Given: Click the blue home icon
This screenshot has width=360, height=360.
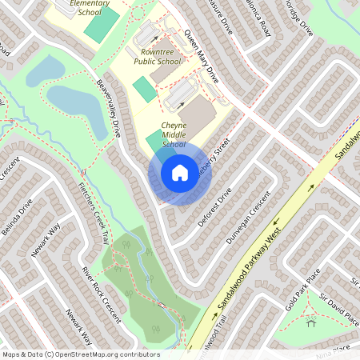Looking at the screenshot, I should pyautogui.click(x=180, y=171).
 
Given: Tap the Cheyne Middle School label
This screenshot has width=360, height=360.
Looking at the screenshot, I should pyautogui.click(x=174, y=135).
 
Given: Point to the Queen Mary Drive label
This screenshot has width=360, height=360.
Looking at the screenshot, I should pyautogui.click(x=201, y=57).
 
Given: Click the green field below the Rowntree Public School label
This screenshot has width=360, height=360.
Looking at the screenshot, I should pyautogui.click(x=145, y=89).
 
